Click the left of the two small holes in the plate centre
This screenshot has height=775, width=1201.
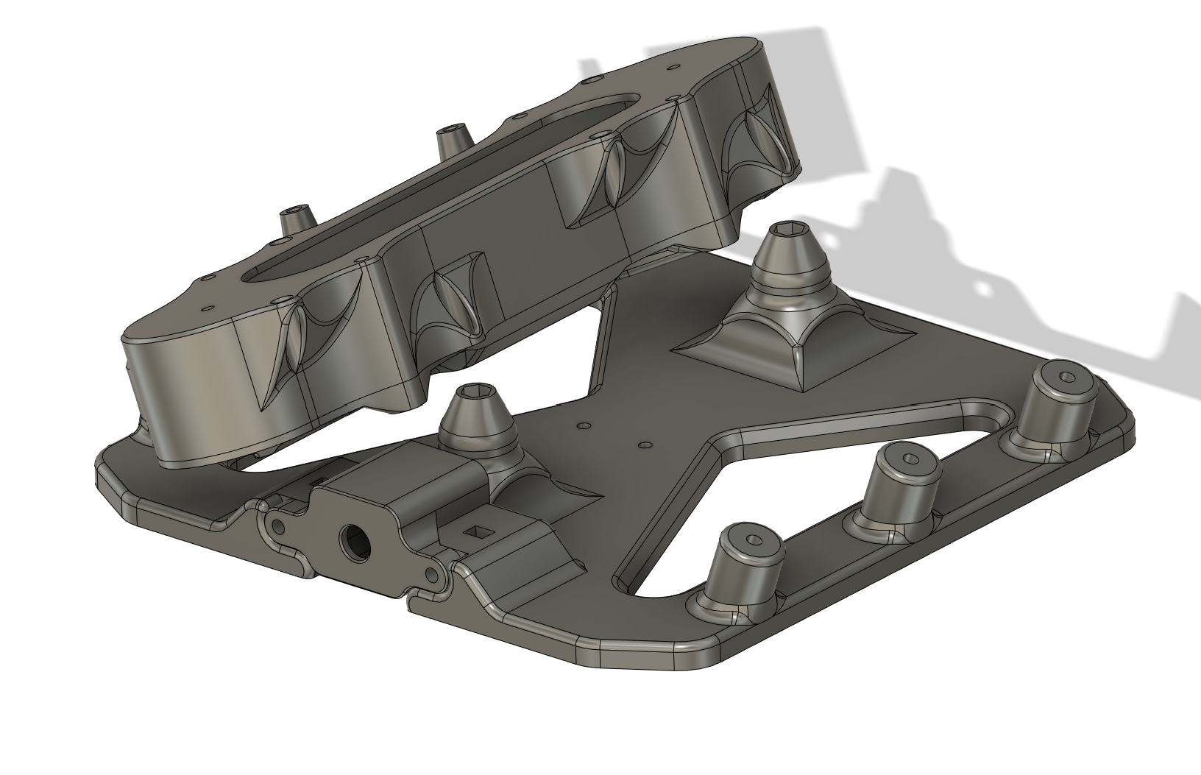point(585,425)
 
